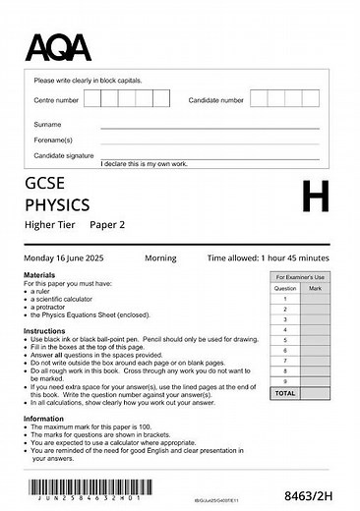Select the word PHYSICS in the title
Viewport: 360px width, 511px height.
pyautogui.click(x=57, y=204)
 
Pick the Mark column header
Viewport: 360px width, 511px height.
pyautogui.click(x=315, y=288)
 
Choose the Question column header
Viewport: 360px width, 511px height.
pyautogui.click(x=285, y=288)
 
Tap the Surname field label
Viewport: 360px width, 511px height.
pyautogui.click(x=47, y=125)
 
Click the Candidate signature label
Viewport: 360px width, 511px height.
pyautogui.click(x=64, y=155)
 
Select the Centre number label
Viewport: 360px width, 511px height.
pyautogui.click(x=56, y=100)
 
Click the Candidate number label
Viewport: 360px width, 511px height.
pyautogui.click(x=215, y=100)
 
